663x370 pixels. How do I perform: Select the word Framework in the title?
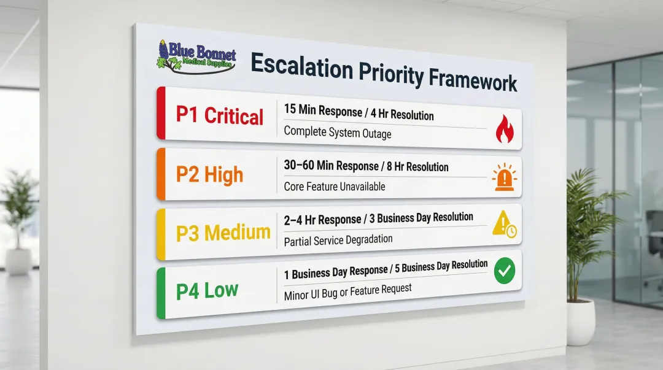click(473, 80)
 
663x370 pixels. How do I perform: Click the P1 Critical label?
click(219, 115)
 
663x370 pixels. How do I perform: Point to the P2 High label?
click(209, 174)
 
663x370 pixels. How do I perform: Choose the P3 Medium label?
click(223, 233)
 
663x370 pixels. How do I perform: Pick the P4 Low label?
click(207, 290)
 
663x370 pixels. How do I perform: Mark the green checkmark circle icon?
click(505, 271)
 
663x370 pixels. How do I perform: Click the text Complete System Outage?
click(337, 131)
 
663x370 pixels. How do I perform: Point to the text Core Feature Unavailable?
click(335, 186)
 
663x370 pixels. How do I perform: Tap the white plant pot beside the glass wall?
click(580, 322)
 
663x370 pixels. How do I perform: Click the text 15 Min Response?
click(322, 110)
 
